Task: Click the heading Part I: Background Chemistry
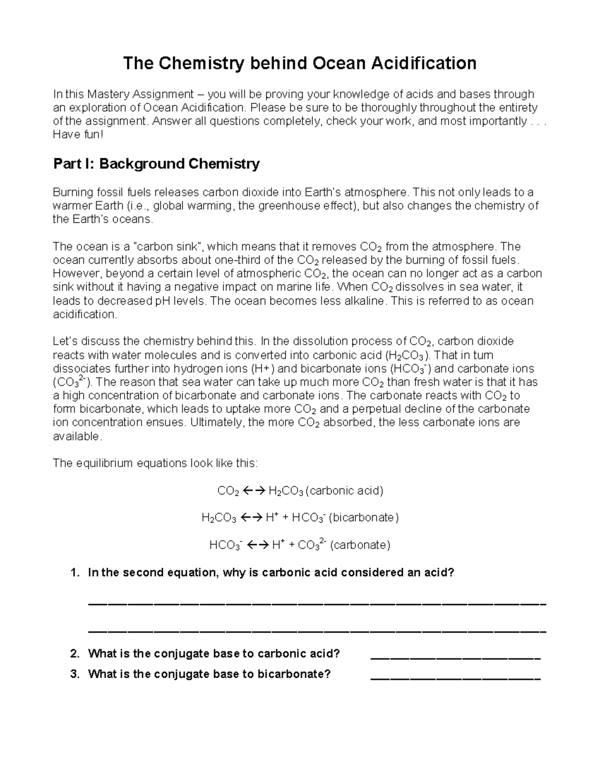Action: [x=156, y=164]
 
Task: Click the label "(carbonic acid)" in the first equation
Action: [x=344, y=491]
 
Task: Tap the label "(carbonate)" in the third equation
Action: [x=360, y=545]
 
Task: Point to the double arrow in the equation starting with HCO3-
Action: [x=258, y=545]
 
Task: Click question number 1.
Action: [x=75, y=572]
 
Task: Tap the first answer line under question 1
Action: [x=317, y=604]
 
